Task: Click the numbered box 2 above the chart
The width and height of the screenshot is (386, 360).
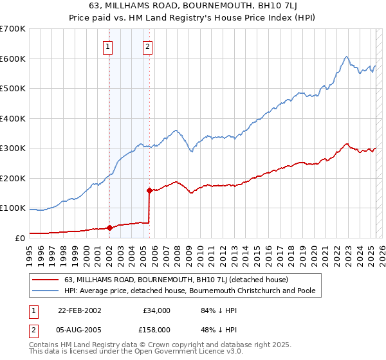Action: [x=147, y=46]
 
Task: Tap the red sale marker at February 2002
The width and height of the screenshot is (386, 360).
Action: [x=109, y=227]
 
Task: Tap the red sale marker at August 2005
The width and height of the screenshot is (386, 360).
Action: [x=149, y=190]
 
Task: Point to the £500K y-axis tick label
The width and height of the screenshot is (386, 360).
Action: [x=13, y=89]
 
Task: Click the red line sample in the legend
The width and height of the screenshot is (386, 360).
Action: [x=45, y=280]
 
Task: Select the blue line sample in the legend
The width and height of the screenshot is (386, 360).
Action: [x=45, y=291]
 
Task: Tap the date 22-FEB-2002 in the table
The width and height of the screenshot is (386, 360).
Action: [x=80, y=310]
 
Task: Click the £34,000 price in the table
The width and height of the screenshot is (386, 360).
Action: [x=154, y=310]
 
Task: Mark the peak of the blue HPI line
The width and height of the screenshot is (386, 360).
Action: [x=346, y=57]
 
